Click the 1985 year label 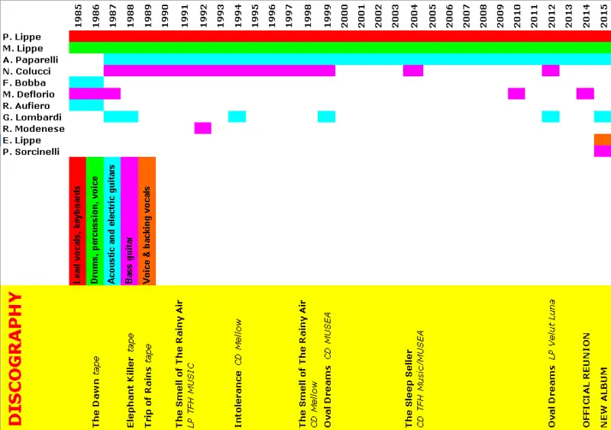(78, 14)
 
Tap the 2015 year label (603, 14)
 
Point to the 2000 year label (345, 14)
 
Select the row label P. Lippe (22, 37)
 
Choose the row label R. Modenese (29, 128)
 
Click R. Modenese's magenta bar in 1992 (202, 128)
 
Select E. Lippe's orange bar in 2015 (603, 140)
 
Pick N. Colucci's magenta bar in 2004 (413, 71)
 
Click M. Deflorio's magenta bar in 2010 (516, 94)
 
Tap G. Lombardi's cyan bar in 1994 (237, 117)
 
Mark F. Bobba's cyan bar (86, 82)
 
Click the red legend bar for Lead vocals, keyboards (77, 221)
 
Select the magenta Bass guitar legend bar (129, 221)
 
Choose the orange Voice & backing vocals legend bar (147, 221)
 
